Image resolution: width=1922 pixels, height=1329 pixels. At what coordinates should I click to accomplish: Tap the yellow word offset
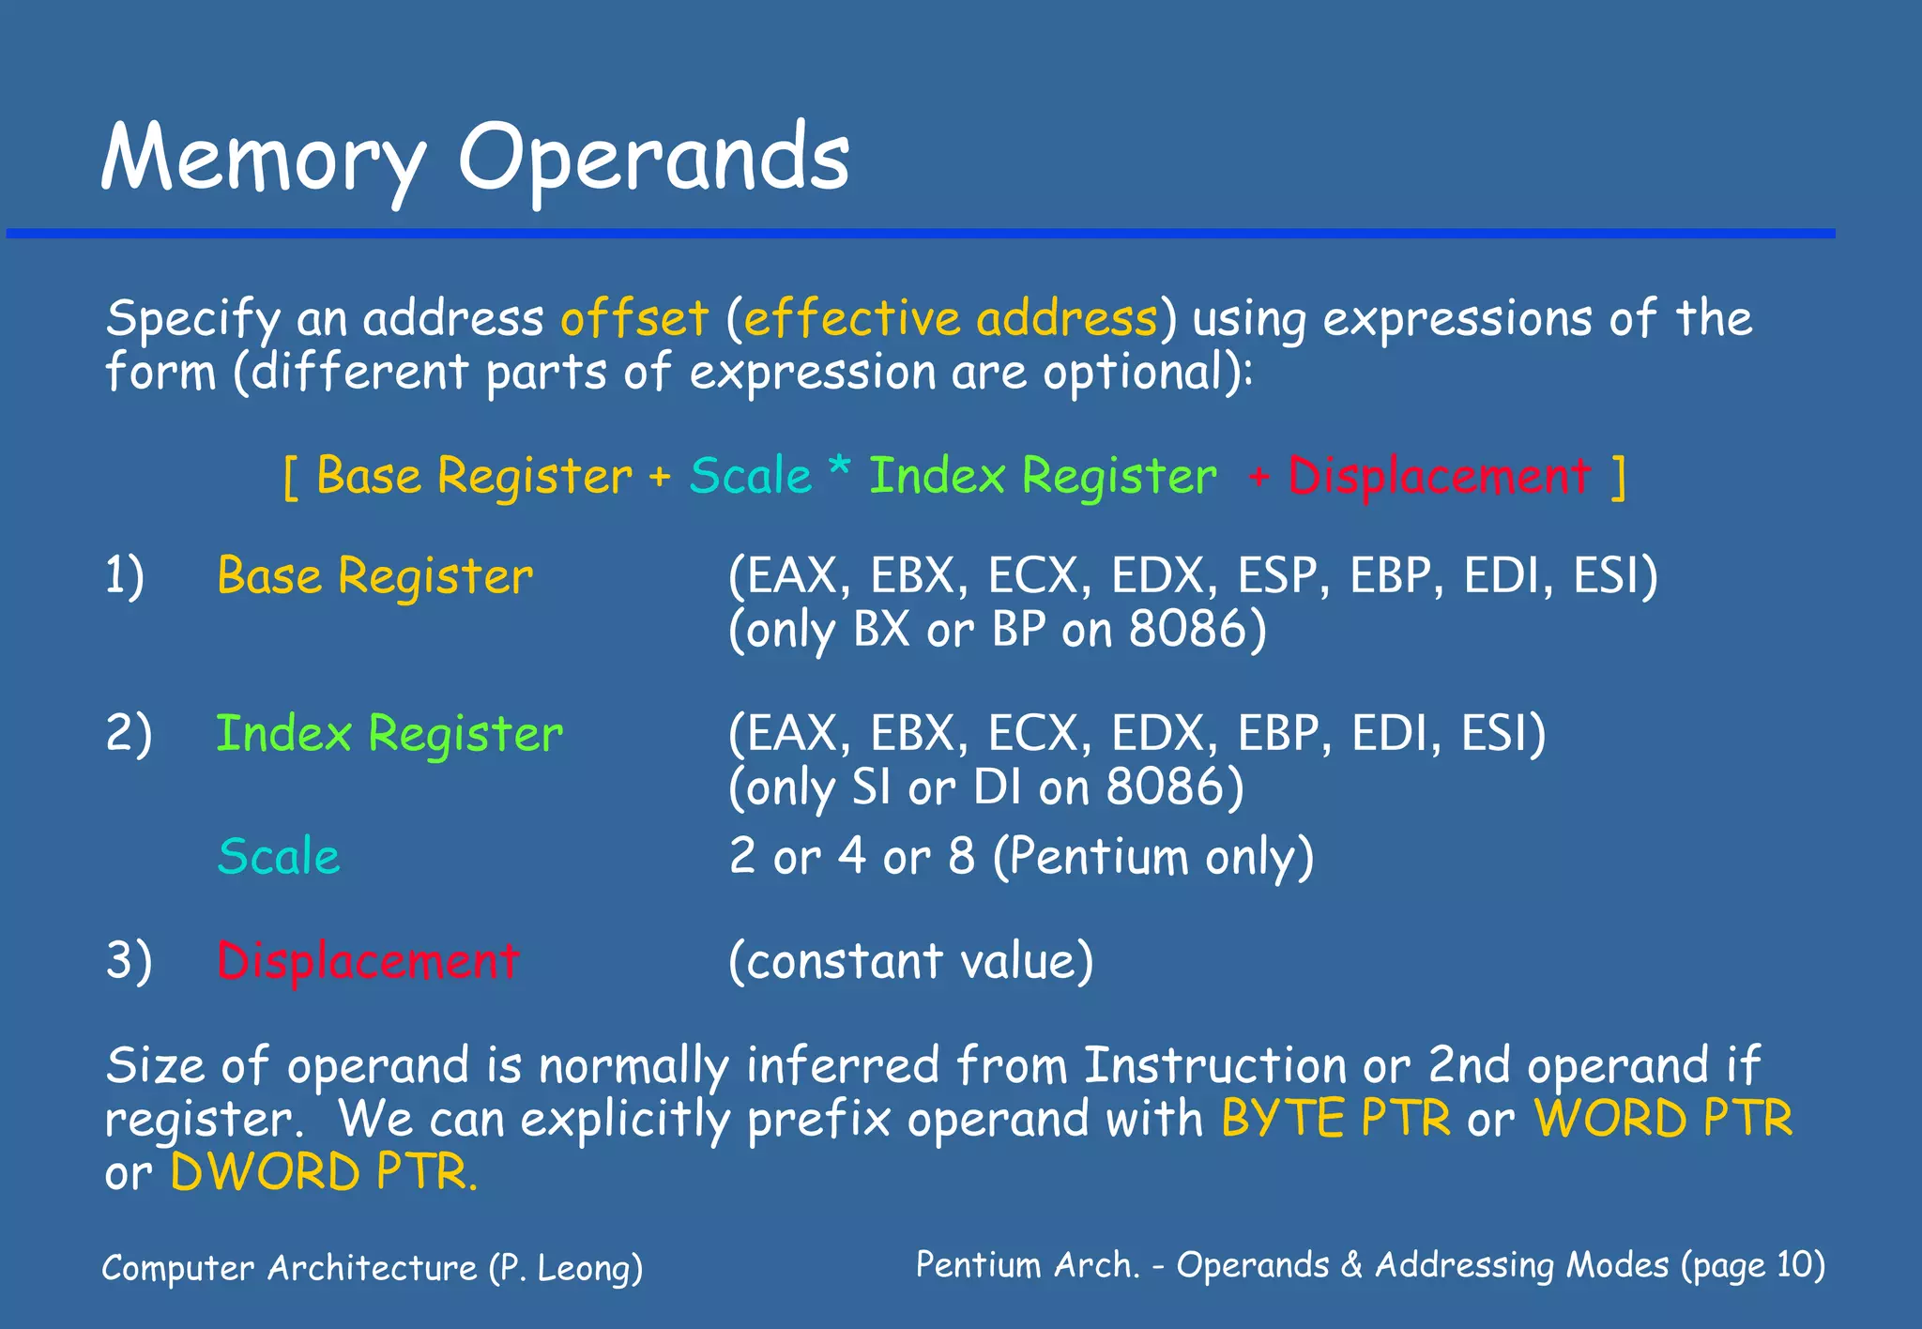pos(634,318)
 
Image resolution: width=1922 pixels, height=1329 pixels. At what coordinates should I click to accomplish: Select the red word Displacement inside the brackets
pos(1439,477)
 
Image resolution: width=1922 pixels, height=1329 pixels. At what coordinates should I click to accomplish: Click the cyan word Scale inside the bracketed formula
pos(750,476)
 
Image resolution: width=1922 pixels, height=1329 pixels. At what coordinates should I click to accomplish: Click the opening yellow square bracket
pos(291,478)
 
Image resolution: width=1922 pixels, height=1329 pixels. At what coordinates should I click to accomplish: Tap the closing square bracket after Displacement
pos(1618,478)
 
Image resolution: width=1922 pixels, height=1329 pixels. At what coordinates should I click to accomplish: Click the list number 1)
pos(124,575)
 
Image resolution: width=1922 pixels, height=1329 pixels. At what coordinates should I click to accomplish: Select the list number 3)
pos(129,961)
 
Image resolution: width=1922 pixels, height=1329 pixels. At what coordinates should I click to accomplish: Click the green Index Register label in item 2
pos(389,734)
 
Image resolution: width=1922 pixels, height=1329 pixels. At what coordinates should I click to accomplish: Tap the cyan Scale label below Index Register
pos(278,857)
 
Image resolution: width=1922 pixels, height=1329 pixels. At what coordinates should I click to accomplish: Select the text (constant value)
pos(910,961)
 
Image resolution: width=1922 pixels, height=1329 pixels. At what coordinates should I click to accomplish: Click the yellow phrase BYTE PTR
pos(1335,1119)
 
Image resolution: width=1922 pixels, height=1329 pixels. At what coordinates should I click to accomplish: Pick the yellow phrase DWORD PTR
pos(323,1172)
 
